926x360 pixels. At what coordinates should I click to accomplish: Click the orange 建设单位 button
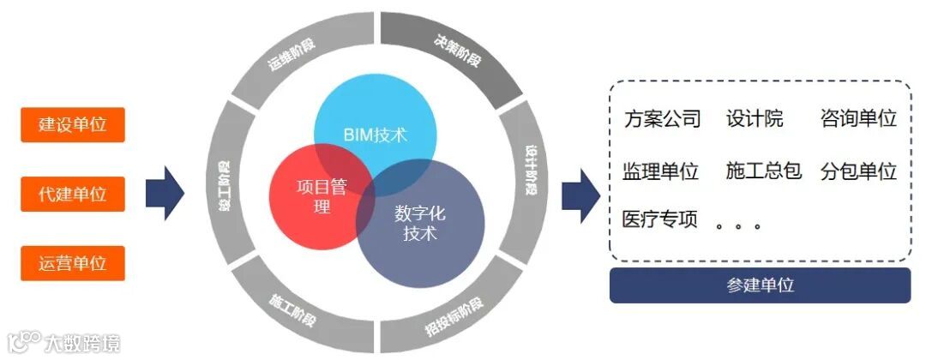[73, 124]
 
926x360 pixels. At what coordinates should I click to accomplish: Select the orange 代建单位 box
[73, 194]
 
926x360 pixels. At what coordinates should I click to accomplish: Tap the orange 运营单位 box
[73, 263]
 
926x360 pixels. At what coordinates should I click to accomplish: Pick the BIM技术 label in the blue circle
[375, 135]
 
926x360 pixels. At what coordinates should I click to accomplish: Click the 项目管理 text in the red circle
[322, 196]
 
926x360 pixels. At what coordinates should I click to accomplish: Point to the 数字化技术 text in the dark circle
[420, 222]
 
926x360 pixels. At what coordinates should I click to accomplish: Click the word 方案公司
[662, 118]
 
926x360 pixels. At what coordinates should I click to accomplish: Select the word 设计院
[755, 118]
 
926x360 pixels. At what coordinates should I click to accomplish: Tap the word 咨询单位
[858, 118]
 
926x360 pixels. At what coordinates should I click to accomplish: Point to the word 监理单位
[660, 171]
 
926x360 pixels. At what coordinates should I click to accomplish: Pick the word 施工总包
[763, 171]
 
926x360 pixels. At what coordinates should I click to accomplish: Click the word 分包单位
[858, 171]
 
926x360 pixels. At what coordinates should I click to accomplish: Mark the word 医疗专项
[660, 219]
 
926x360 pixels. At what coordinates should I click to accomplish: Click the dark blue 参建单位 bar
[760, 285]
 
